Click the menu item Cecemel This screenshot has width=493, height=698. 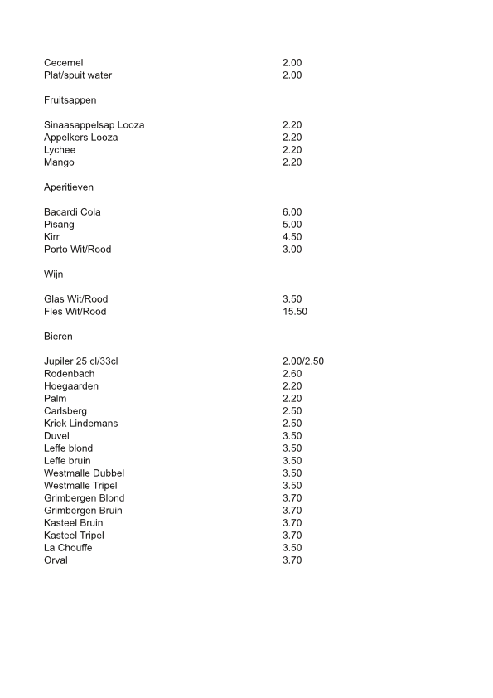coord(63,63)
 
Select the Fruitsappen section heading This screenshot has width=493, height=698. coord(70,100)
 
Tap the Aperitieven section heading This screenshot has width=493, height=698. coord(69,187)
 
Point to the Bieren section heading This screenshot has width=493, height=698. coord(58,337)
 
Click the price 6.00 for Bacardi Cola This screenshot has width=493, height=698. coord(292,212)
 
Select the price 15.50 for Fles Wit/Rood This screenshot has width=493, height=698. coord(295,312)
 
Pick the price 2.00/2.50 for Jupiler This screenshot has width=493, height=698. coord(308,361)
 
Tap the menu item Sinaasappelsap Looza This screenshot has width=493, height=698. coord(94,125)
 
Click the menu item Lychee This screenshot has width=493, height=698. coord(60,150)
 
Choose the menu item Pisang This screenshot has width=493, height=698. coord(59,225)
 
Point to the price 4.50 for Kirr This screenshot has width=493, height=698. coord(292,237)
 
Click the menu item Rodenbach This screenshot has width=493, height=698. coord(69,374)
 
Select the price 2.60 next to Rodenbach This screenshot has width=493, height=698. coord(292,374)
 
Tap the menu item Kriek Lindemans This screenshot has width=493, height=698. coord(80,424)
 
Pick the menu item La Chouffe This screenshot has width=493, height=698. coord(68,548)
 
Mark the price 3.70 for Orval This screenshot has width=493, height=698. coord(292,560)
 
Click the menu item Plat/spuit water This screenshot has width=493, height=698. coord(78,75)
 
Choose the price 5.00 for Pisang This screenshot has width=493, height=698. coord(292,225)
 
